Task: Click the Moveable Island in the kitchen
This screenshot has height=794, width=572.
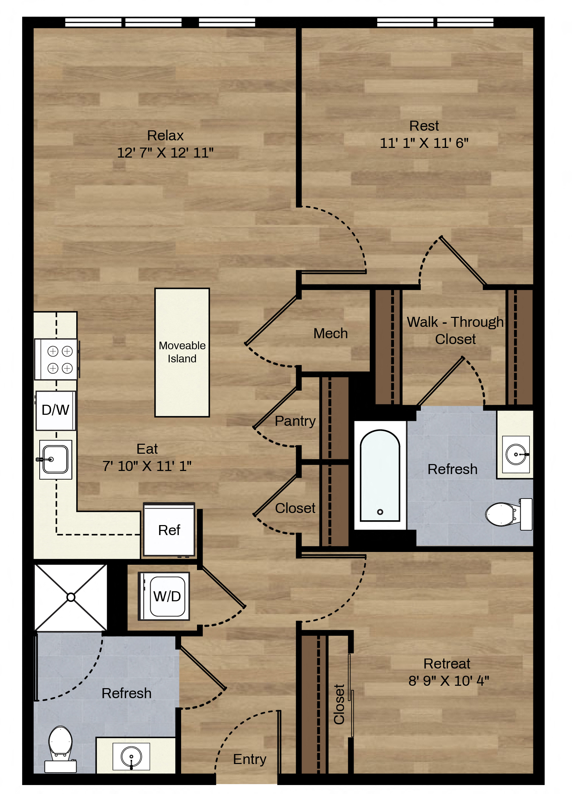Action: coord(182,352)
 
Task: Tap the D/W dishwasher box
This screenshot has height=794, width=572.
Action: coord(56,410)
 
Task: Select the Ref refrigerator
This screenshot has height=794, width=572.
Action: coord(169,529)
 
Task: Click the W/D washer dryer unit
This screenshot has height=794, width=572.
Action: coord(164,596)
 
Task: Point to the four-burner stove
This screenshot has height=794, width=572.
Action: coord(56,359)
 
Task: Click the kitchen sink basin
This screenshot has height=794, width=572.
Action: coord(55,459)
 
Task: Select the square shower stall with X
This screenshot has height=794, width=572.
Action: coord(71,597)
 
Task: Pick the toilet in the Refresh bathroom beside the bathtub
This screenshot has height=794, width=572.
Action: coord(509,514)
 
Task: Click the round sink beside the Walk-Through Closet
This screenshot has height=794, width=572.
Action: coord(516,454)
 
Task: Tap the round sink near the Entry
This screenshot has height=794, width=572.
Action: coord(131,756)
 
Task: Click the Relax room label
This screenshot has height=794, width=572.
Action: coord(165,135)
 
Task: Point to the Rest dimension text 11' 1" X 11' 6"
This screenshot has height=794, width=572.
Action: coord(424,143)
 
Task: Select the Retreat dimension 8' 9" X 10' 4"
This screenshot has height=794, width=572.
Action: coord(449,681)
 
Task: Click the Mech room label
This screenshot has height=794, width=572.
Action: coord(331,333)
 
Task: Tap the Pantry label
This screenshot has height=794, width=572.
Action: coord(295,421)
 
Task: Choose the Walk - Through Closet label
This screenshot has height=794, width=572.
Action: coord(455,331)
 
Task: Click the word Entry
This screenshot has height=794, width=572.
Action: coord(250,759)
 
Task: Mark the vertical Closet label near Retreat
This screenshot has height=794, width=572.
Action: coord(339,704)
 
